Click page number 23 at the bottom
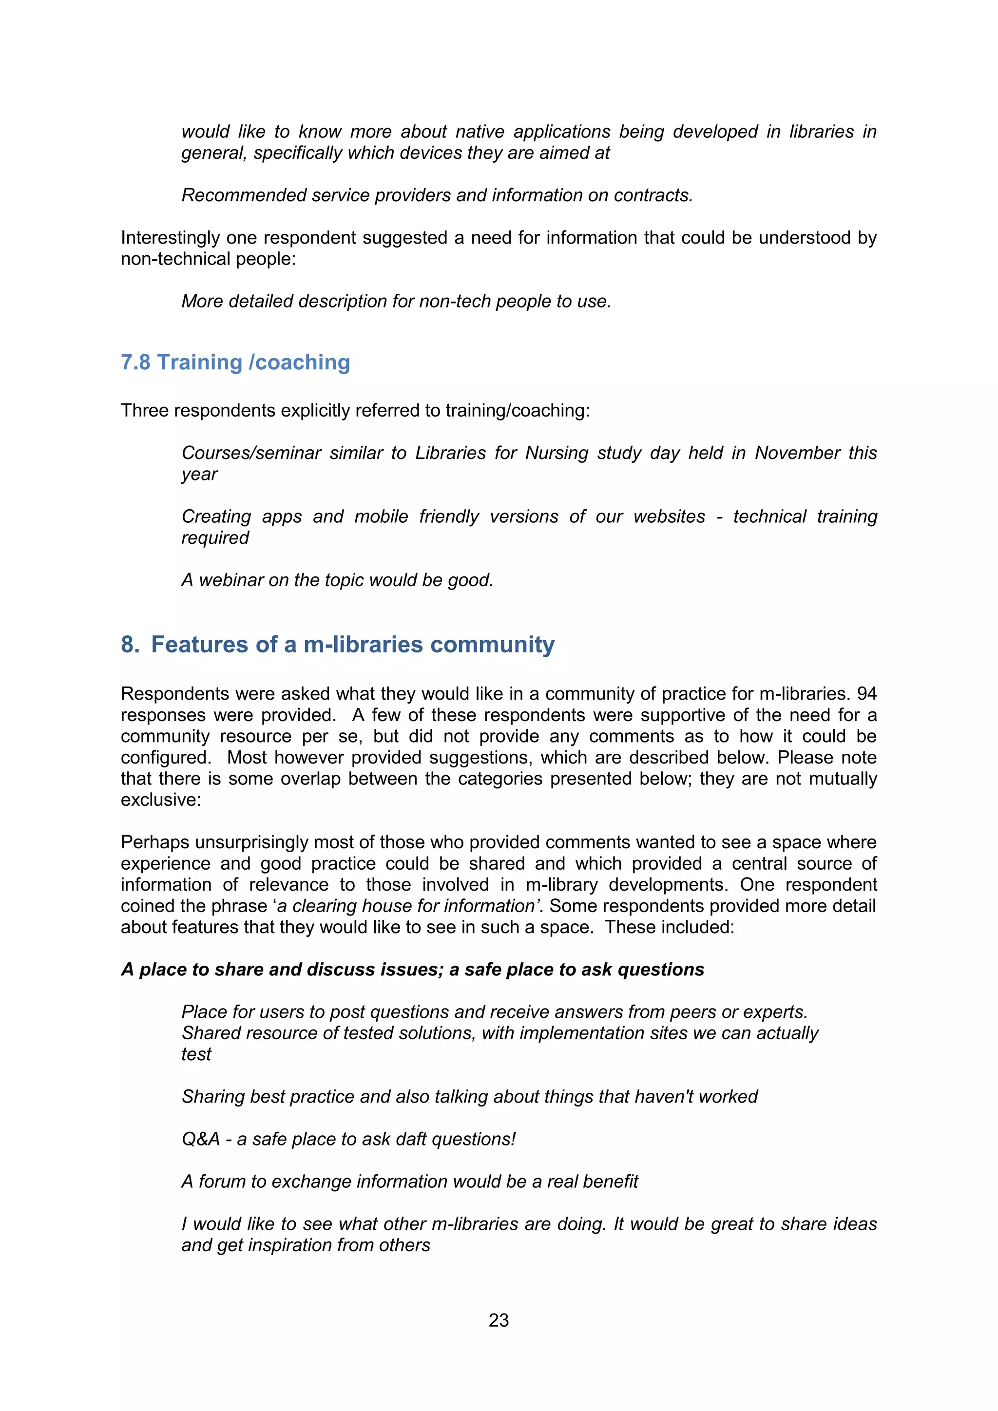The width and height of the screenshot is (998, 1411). click(x=499, y=1320)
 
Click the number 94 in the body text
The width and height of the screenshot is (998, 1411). click(x=866, y=694)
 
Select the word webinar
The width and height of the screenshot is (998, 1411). click(x=230, y=580)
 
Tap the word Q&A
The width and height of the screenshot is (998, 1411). click(x=200, y=1139)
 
